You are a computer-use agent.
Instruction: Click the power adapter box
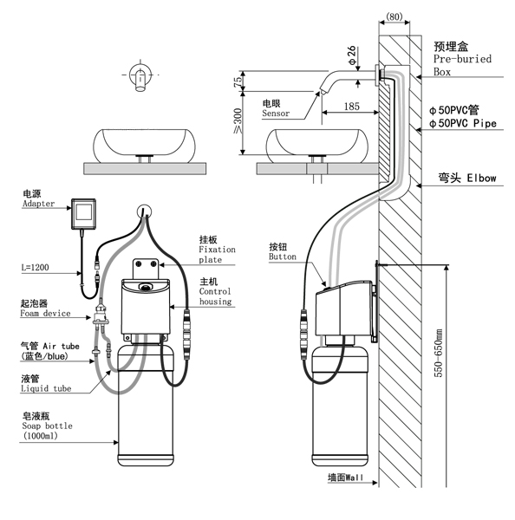[x=83, y=214]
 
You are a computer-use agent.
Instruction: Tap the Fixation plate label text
[x=217, y=254]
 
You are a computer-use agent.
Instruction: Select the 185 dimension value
[x=352, y=107]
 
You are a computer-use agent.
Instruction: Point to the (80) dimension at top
[x=394, y=16]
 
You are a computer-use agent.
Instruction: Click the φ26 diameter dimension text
[x=352, y=55]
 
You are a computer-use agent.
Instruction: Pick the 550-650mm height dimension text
[x=439, y=353]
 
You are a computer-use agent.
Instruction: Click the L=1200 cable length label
[x=36, y=267]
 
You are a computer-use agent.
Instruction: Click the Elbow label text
[x=481, y=178]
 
